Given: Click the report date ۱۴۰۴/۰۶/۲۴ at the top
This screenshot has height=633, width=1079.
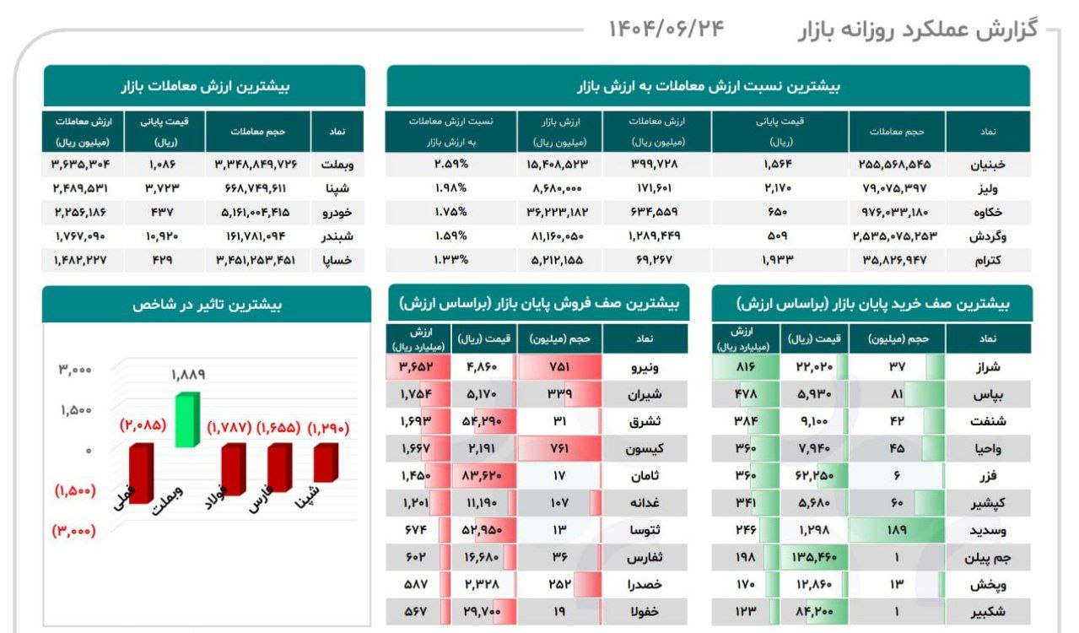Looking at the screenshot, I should point(666,29).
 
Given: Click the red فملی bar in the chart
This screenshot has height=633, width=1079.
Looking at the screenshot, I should point(140,473).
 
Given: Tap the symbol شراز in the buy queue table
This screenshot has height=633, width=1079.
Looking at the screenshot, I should point(986,367).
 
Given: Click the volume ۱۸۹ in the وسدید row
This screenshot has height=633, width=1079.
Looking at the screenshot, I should point(898,531).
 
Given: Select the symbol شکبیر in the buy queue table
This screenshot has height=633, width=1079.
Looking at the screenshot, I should point(986,612).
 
